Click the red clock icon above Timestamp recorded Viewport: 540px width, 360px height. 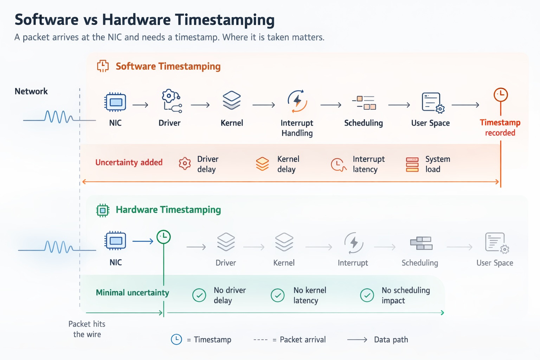coord(501,95)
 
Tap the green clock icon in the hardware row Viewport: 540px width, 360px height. coord(163,237)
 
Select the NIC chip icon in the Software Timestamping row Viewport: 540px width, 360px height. coord(115,102)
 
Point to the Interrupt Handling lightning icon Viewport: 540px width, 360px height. coord(297,101)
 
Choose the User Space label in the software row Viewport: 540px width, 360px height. coord(430,123)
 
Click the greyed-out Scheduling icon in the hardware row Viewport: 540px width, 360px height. coord(421,243)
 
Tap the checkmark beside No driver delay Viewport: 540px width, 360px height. coord(199,295)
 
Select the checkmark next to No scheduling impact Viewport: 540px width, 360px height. coord(367,295)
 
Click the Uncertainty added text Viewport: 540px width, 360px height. coord(129,162)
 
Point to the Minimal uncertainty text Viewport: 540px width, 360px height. coord(132,292)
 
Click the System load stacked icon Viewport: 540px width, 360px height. coord(412,165)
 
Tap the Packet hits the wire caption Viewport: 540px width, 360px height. coord(87,329)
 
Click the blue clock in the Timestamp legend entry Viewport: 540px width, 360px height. coord(176,339)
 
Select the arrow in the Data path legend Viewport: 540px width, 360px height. coord(357,340)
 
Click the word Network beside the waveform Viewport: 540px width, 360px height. coord(31,91)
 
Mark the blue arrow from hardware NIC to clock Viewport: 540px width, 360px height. coord(143,241)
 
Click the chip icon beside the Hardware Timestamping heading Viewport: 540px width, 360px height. coord(103,210)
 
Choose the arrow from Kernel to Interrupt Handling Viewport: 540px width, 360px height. coord(263,105)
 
